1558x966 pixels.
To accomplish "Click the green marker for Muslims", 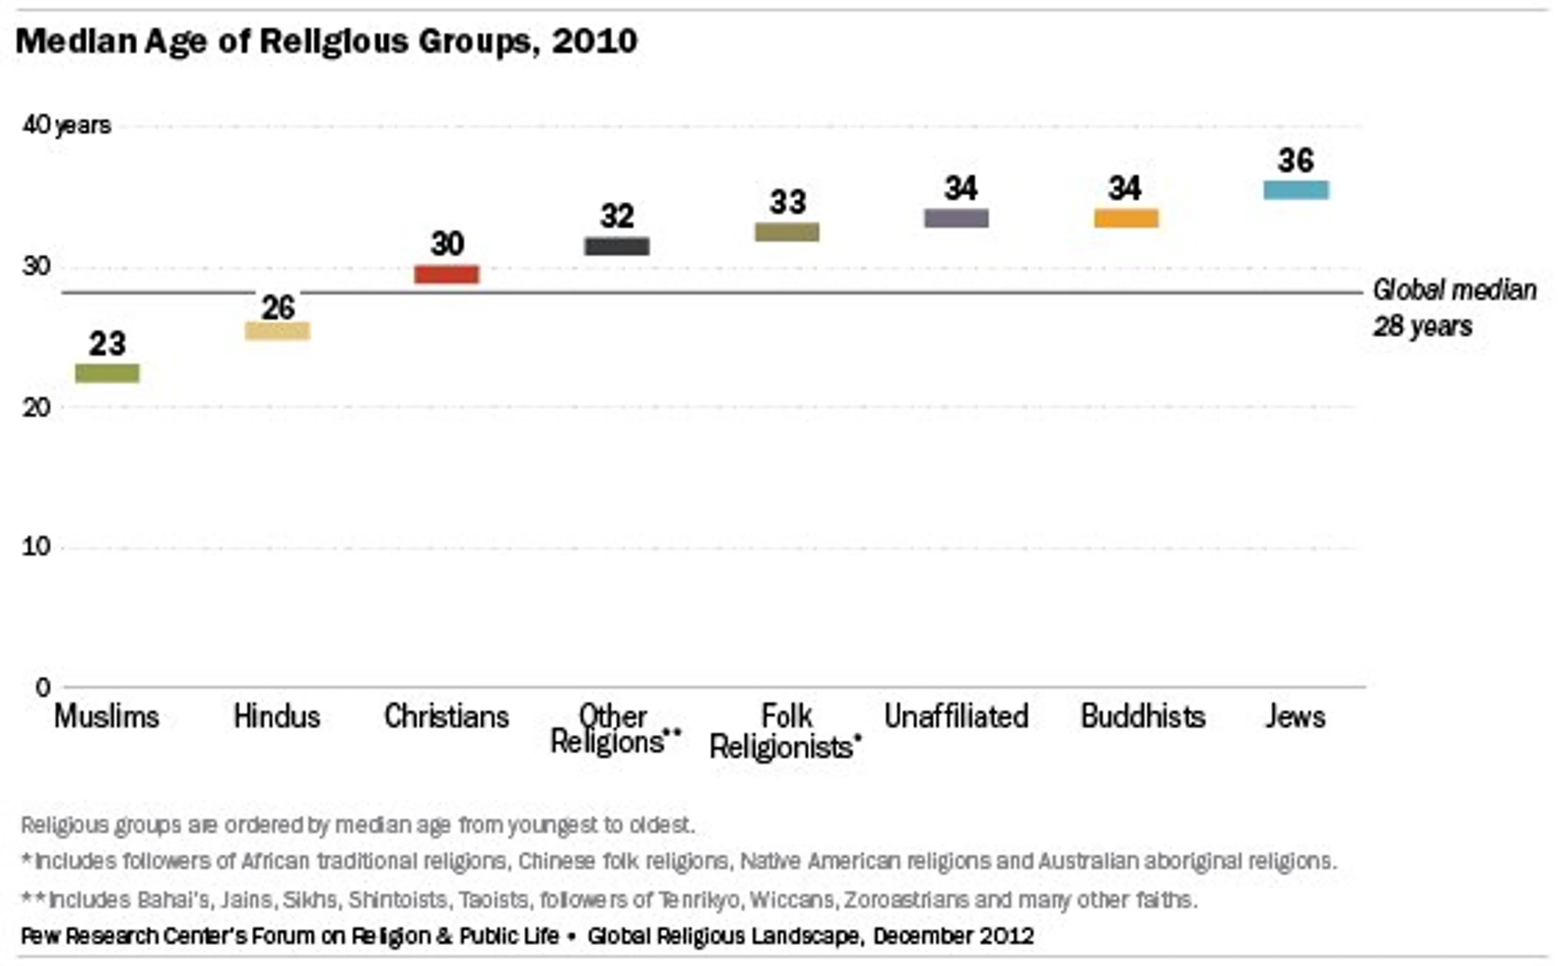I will click(x=108, y=373).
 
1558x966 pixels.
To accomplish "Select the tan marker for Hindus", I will click(x=278, y=331).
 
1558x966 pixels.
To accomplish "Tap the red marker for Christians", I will click(x=447, y=274).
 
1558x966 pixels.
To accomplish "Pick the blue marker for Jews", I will click(x=1296, y=190).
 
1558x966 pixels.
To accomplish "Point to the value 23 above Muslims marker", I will click(x=108, y=344).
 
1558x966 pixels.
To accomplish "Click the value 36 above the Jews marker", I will click(x=1296, y=160).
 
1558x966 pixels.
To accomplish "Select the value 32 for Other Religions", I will click(x=617, y=216).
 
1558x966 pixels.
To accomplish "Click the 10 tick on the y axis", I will click(x=36, y=547).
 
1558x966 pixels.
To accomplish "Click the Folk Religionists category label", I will click(x=786, y=732).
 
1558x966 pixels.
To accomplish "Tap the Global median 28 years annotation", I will click(x=1454, y=308).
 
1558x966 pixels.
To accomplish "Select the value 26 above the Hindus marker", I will click(x=278, y=308).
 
